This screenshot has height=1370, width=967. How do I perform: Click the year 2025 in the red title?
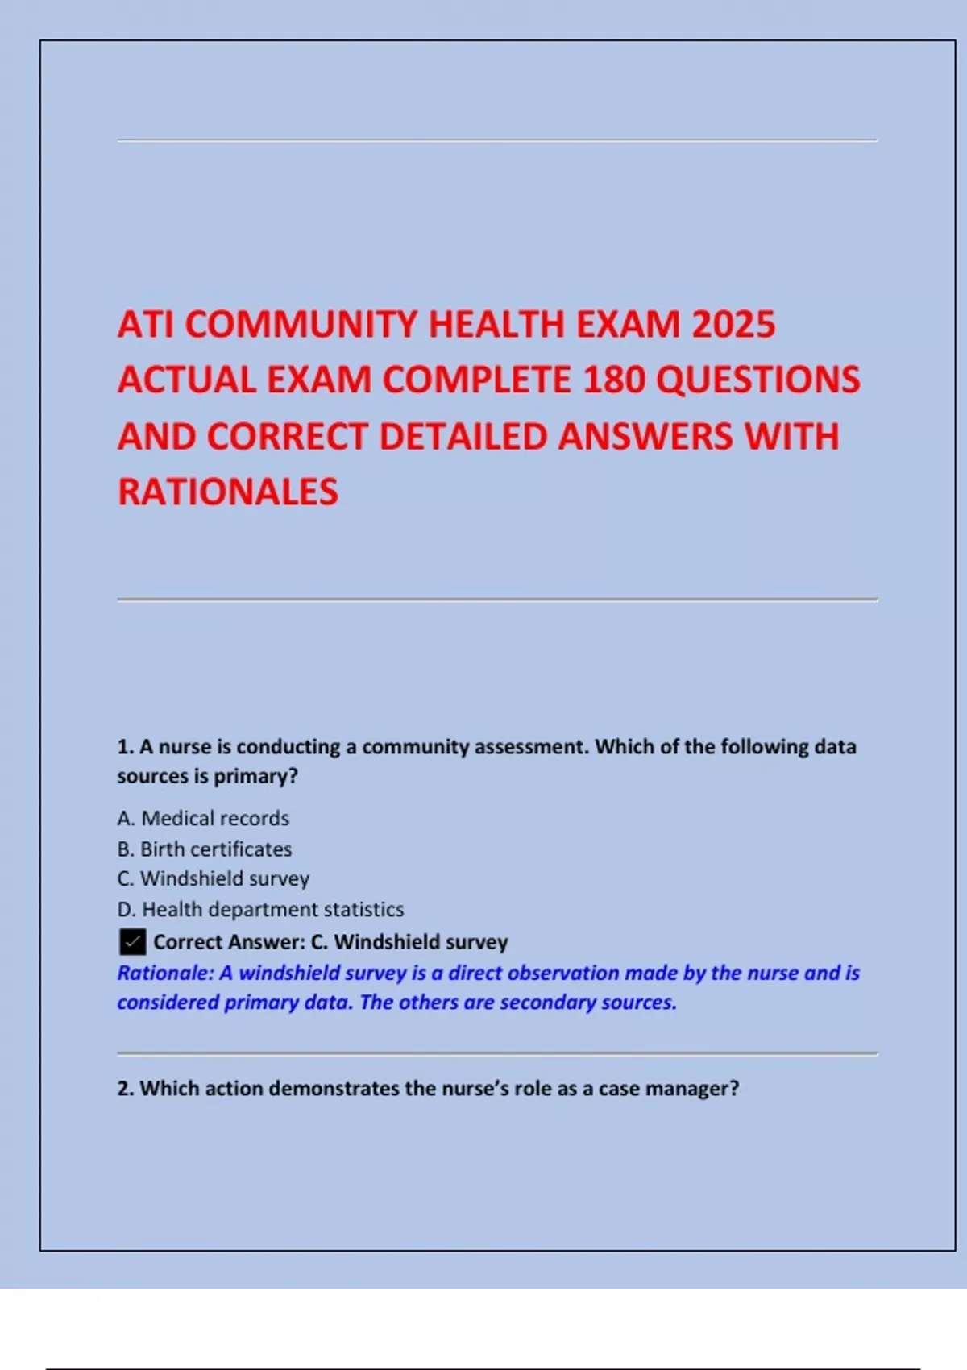[733, 325]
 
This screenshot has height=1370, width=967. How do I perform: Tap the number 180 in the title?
[613, 380]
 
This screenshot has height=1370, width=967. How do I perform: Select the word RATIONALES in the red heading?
[228, 492]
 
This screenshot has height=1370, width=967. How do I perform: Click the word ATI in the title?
[146, 325]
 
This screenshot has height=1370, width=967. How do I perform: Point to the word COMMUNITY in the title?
[301, 325]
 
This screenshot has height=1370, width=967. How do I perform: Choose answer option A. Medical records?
[203, 818]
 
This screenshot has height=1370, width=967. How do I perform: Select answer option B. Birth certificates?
[205, 849]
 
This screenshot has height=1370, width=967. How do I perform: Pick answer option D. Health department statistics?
[260, 909]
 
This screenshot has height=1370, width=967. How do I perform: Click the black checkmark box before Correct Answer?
[132, 941]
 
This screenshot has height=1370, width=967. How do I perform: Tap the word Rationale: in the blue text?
[165, 973]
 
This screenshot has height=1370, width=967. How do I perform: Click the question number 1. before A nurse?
[125, 747]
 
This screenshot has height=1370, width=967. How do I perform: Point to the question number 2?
[125, 1089]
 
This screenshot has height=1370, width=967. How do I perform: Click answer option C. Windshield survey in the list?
[214, 878]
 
